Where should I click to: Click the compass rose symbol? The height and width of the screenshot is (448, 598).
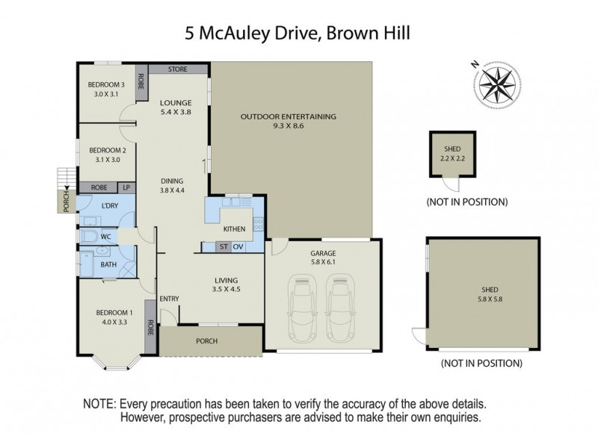(494, 82)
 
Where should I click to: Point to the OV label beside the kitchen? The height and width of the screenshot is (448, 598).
(238, 246)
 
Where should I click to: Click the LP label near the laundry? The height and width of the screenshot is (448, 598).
(125, 187)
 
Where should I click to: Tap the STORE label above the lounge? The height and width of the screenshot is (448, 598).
(177, 69)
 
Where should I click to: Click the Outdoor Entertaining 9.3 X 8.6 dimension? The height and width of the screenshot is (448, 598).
(289, 127)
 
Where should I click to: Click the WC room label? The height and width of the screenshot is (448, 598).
(106, 237)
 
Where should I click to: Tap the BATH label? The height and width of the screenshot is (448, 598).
(108, 264)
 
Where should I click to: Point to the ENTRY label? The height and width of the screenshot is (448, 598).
(170, 299)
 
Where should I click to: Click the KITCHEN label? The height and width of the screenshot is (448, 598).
(236, 228)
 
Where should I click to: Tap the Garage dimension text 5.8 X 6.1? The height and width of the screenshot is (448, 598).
(324, 263)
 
